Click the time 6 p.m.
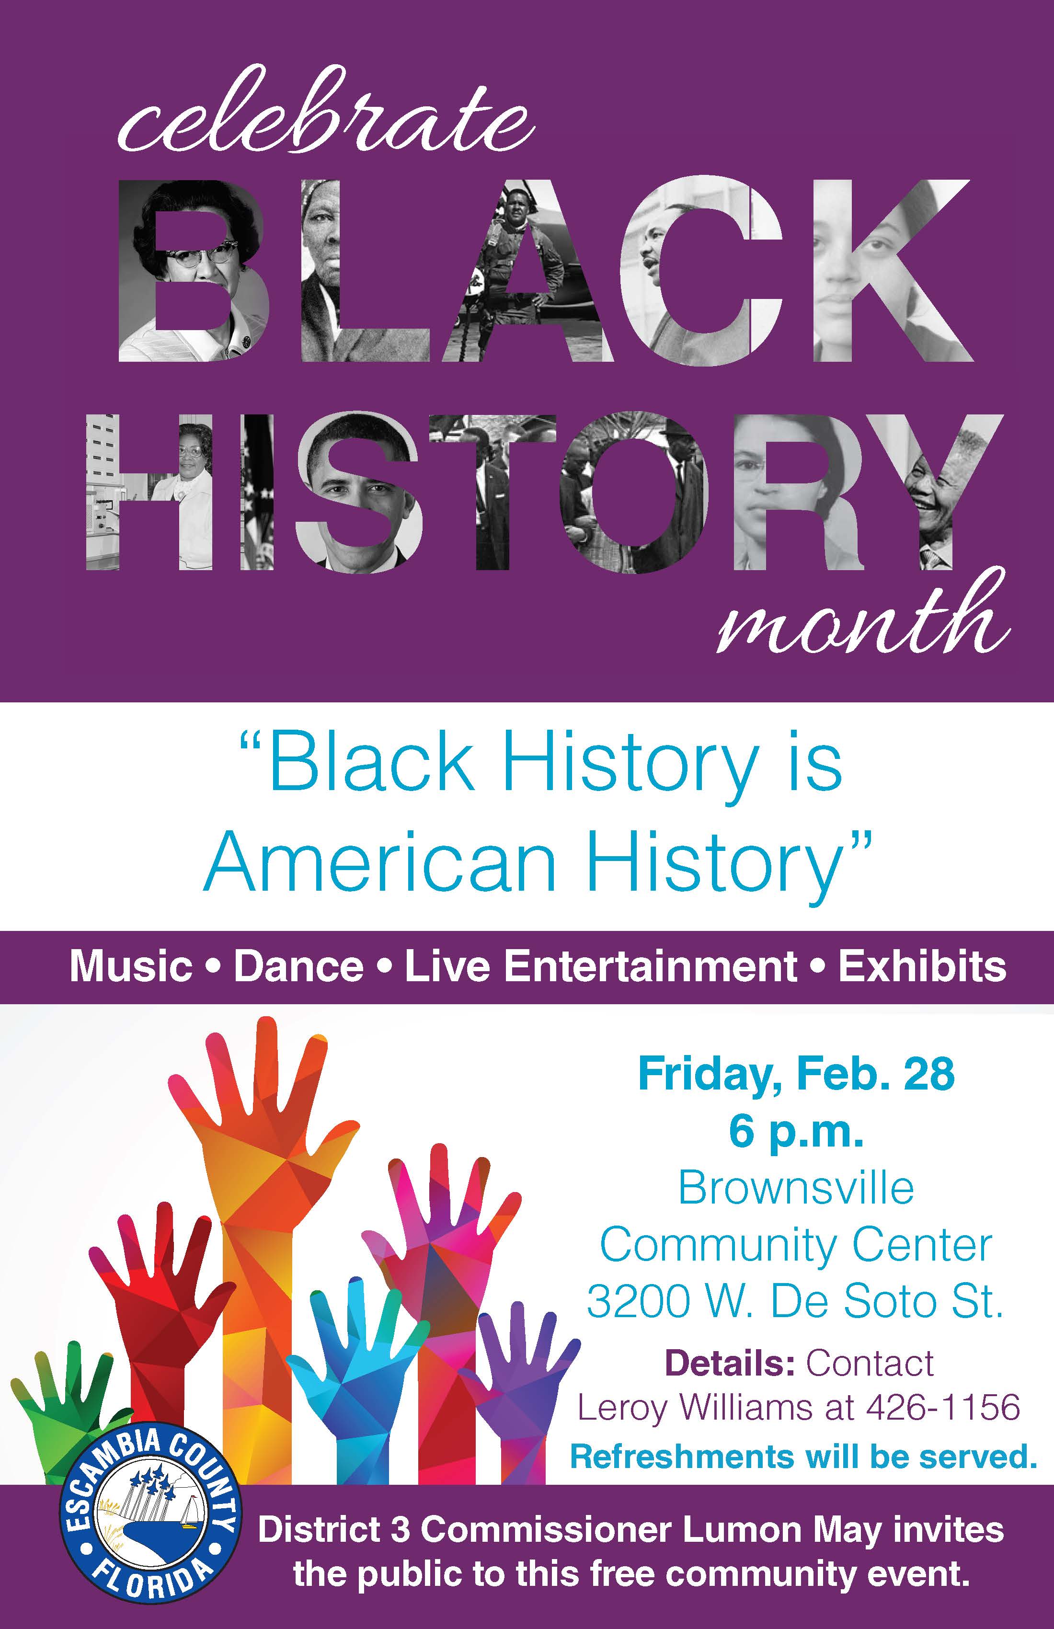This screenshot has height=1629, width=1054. pos(796,1132)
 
